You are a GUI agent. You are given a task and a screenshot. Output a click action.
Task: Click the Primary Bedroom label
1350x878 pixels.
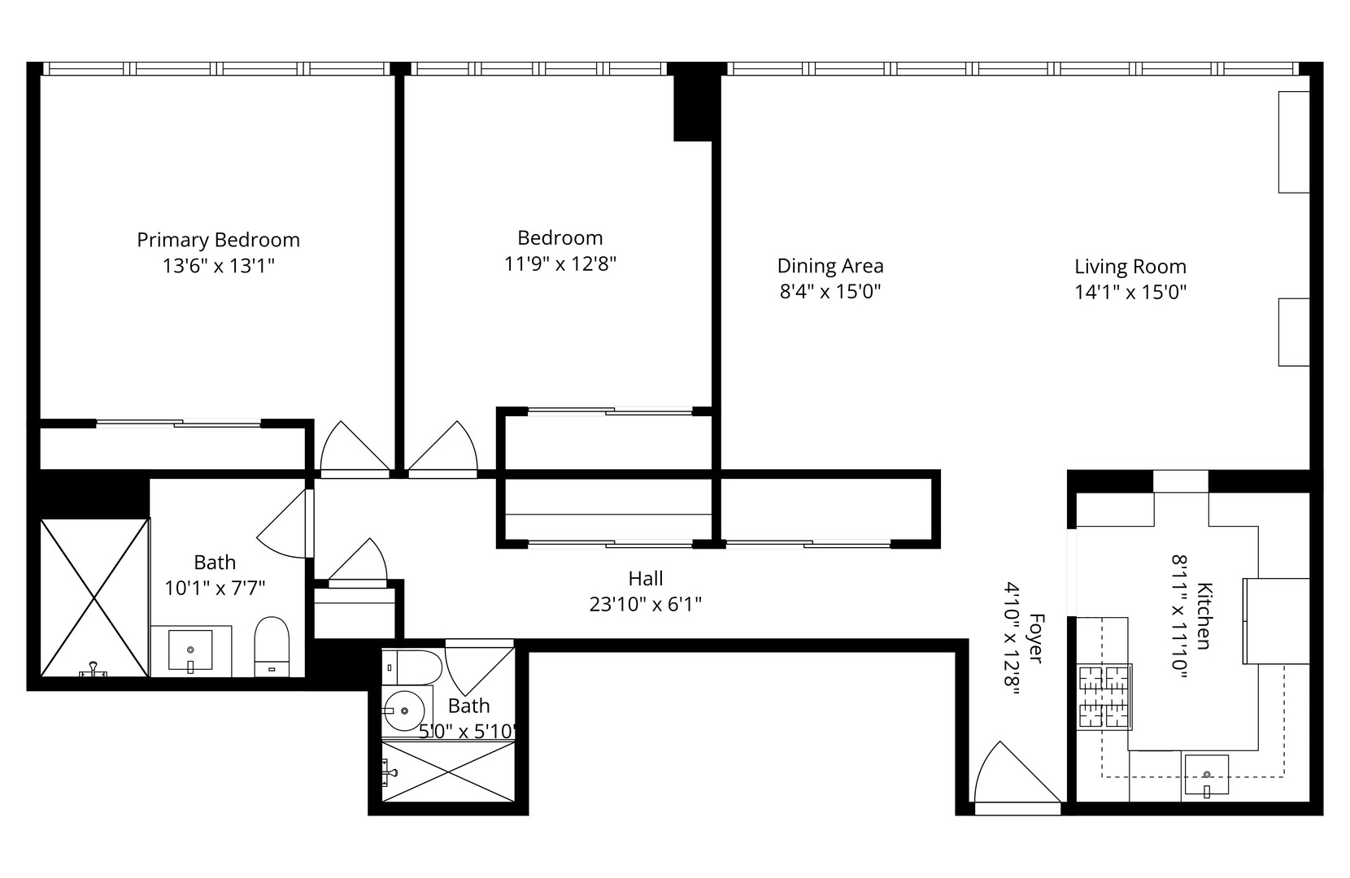[x=218, y=240]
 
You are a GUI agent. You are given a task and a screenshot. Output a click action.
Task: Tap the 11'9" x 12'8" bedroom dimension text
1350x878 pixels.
[x=560, y=263]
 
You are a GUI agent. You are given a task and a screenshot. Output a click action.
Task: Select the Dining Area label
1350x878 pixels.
[x=830, y=266]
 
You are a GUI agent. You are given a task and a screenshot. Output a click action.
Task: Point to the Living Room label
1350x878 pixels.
[x=1130, y=267]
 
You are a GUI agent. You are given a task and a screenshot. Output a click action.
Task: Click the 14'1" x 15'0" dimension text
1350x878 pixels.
[x=1130, y=292]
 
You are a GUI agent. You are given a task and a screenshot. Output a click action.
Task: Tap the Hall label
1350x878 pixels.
[x=645, y=578]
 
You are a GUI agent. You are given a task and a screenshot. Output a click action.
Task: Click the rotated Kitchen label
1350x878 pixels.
[x=1204, y=615]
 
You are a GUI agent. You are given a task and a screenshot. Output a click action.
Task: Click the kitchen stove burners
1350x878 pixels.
[x=1104, y=696]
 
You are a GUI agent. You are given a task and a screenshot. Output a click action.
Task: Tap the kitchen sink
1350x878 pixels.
[x=1206, y=773]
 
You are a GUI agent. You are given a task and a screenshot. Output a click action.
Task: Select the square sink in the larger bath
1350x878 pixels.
[x=190, y=651]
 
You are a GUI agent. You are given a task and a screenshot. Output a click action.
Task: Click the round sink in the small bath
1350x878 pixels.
[x=403, y=711]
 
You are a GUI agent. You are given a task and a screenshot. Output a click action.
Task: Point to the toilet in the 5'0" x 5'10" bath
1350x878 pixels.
[x=413, y=667]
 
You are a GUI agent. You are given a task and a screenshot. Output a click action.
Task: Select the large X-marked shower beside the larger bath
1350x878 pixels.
[x=94, y=598]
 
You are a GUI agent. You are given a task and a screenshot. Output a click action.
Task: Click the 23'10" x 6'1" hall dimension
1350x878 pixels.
[x=645, y=604]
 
